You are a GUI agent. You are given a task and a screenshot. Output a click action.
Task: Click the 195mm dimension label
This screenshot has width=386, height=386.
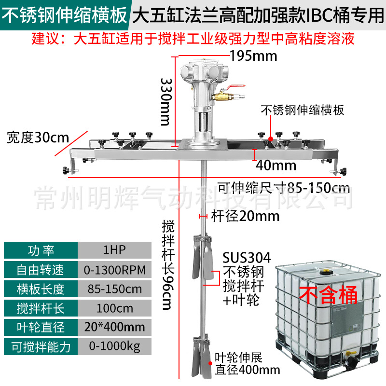pyautogui.click(x=253, y=56)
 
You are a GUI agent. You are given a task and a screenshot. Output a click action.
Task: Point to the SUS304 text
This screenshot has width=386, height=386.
pyautogui.click(x=246, y=257)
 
